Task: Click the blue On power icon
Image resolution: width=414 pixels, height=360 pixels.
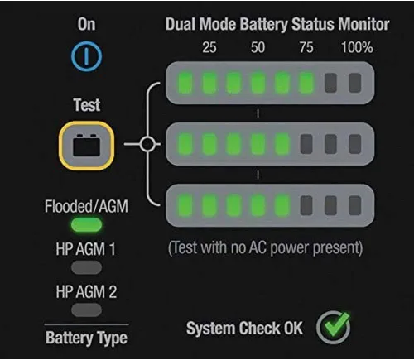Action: point(86,56)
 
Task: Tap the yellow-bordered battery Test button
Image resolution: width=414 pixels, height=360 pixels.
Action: point(86,145)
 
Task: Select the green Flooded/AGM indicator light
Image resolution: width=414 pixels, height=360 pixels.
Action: point(86,225)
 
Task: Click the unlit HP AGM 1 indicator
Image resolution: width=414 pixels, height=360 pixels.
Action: point(86,267)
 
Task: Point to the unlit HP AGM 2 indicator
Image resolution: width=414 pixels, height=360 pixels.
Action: point(86,310)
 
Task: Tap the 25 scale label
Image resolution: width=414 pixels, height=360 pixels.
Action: point(209,47)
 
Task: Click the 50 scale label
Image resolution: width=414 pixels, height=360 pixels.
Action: point(258,47)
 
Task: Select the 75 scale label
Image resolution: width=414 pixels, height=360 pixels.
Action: point(306,47)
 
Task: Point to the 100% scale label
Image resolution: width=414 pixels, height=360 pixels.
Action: point(357,47)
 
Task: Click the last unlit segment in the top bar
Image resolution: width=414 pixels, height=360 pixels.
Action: point(355,83)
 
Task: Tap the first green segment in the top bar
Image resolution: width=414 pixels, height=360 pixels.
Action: point(185,83)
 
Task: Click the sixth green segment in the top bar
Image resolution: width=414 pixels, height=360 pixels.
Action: point(306,83)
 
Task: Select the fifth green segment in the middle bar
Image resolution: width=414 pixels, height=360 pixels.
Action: point(282,144)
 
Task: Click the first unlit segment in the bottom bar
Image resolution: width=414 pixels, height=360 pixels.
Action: point(306,205)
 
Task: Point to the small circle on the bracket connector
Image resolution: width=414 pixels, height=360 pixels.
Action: point(147,144)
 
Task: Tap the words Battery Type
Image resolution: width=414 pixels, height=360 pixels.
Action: point(86,338)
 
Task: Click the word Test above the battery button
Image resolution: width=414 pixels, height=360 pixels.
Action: point(87,105)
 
